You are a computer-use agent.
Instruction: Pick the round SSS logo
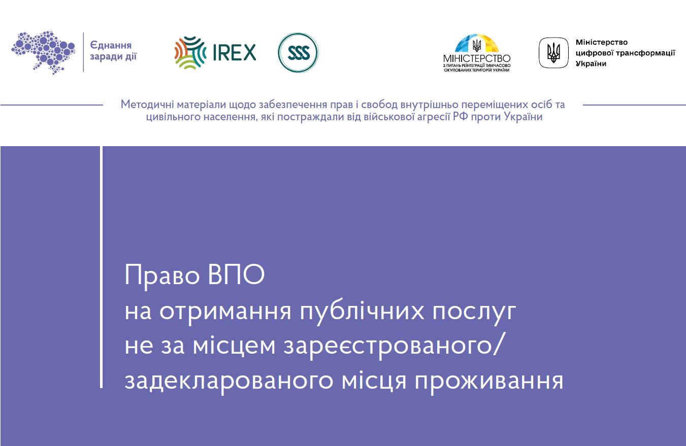click(298, 53)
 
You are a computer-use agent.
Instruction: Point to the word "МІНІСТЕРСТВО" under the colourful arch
click(476, 59)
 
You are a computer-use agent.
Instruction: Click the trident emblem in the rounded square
click(553, 53)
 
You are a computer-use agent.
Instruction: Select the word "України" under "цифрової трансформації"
click(591, 64)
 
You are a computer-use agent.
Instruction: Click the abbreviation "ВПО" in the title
click(237, 276)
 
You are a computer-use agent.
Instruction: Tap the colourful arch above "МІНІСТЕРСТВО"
click(476, 44)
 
